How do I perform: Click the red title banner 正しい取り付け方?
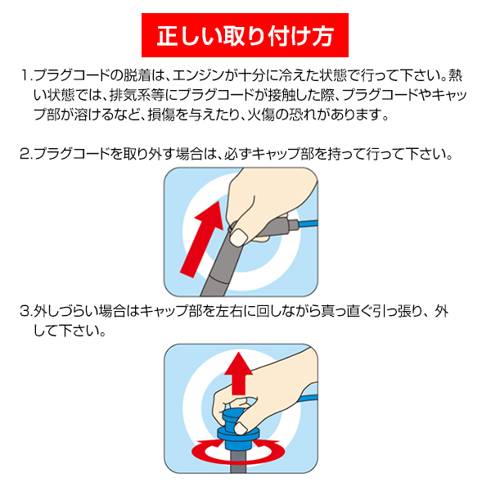pos(245,35)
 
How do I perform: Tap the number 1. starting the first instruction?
pos(26,76)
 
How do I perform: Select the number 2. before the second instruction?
pos(25,154)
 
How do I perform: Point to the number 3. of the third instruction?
pos(25,311)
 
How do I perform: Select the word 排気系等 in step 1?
pos(137,95)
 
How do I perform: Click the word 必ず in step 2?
pos(238,154)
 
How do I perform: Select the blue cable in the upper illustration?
pos(309,224)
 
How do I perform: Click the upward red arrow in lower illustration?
pos(239,373)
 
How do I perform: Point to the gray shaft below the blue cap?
pos(239,462)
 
